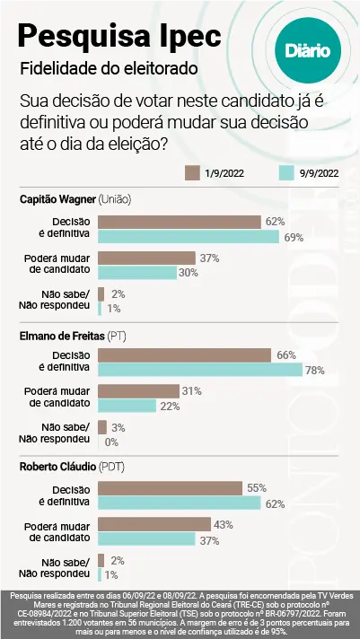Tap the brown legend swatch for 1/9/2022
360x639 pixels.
pyautogui.click(x=191, y=172)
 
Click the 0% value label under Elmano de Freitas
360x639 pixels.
pyautogui.click(x=111, y=442)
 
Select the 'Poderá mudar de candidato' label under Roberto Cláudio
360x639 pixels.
pyautogui.click(x=56, y=530)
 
